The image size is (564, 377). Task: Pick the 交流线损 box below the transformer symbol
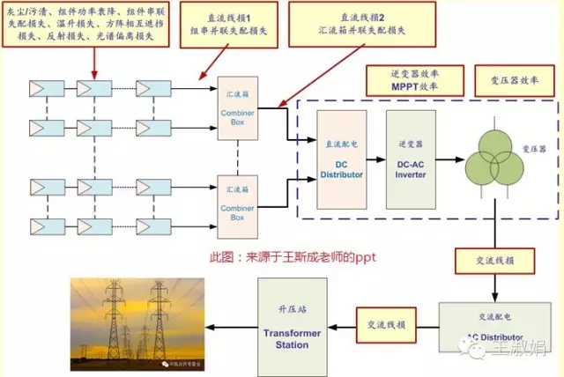click(x=492, y=260)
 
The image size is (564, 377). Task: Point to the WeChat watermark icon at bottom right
click(x=478, y=351)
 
